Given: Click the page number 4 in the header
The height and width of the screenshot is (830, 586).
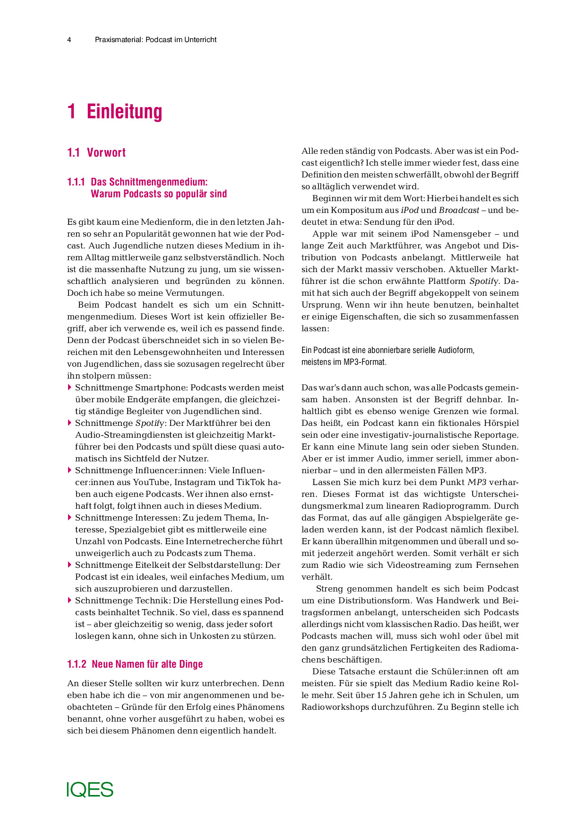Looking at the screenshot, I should [69, 40].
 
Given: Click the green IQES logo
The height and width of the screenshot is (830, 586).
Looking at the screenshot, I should [90, 789].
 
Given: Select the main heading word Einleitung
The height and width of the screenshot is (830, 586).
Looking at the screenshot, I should [124, 112].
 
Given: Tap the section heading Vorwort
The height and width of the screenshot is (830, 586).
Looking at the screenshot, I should [106, 153].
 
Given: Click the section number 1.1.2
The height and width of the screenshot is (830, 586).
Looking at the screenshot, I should [77, 664].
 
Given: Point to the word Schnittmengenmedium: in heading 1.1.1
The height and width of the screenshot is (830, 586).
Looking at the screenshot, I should [149, 182].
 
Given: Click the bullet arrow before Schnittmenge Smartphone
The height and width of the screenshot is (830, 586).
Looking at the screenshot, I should [70, 388].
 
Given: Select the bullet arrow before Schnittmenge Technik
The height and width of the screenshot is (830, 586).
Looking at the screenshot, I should [70, 600].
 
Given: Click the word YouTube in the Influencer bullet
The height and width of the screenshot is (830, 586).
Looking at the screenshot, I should [151, 482].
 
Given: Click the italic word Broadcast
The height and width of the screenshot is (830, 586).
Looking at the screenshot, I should [459, 210].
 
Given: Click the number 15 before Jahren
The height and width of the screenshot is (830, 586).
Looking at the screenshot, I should [382, 695].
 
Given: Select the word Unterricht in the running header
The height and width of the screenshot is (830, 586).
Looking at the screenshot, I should [201, 40].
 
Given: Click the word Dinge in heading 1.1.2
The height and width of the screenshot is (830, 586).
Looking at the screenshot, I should [190, 664].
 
